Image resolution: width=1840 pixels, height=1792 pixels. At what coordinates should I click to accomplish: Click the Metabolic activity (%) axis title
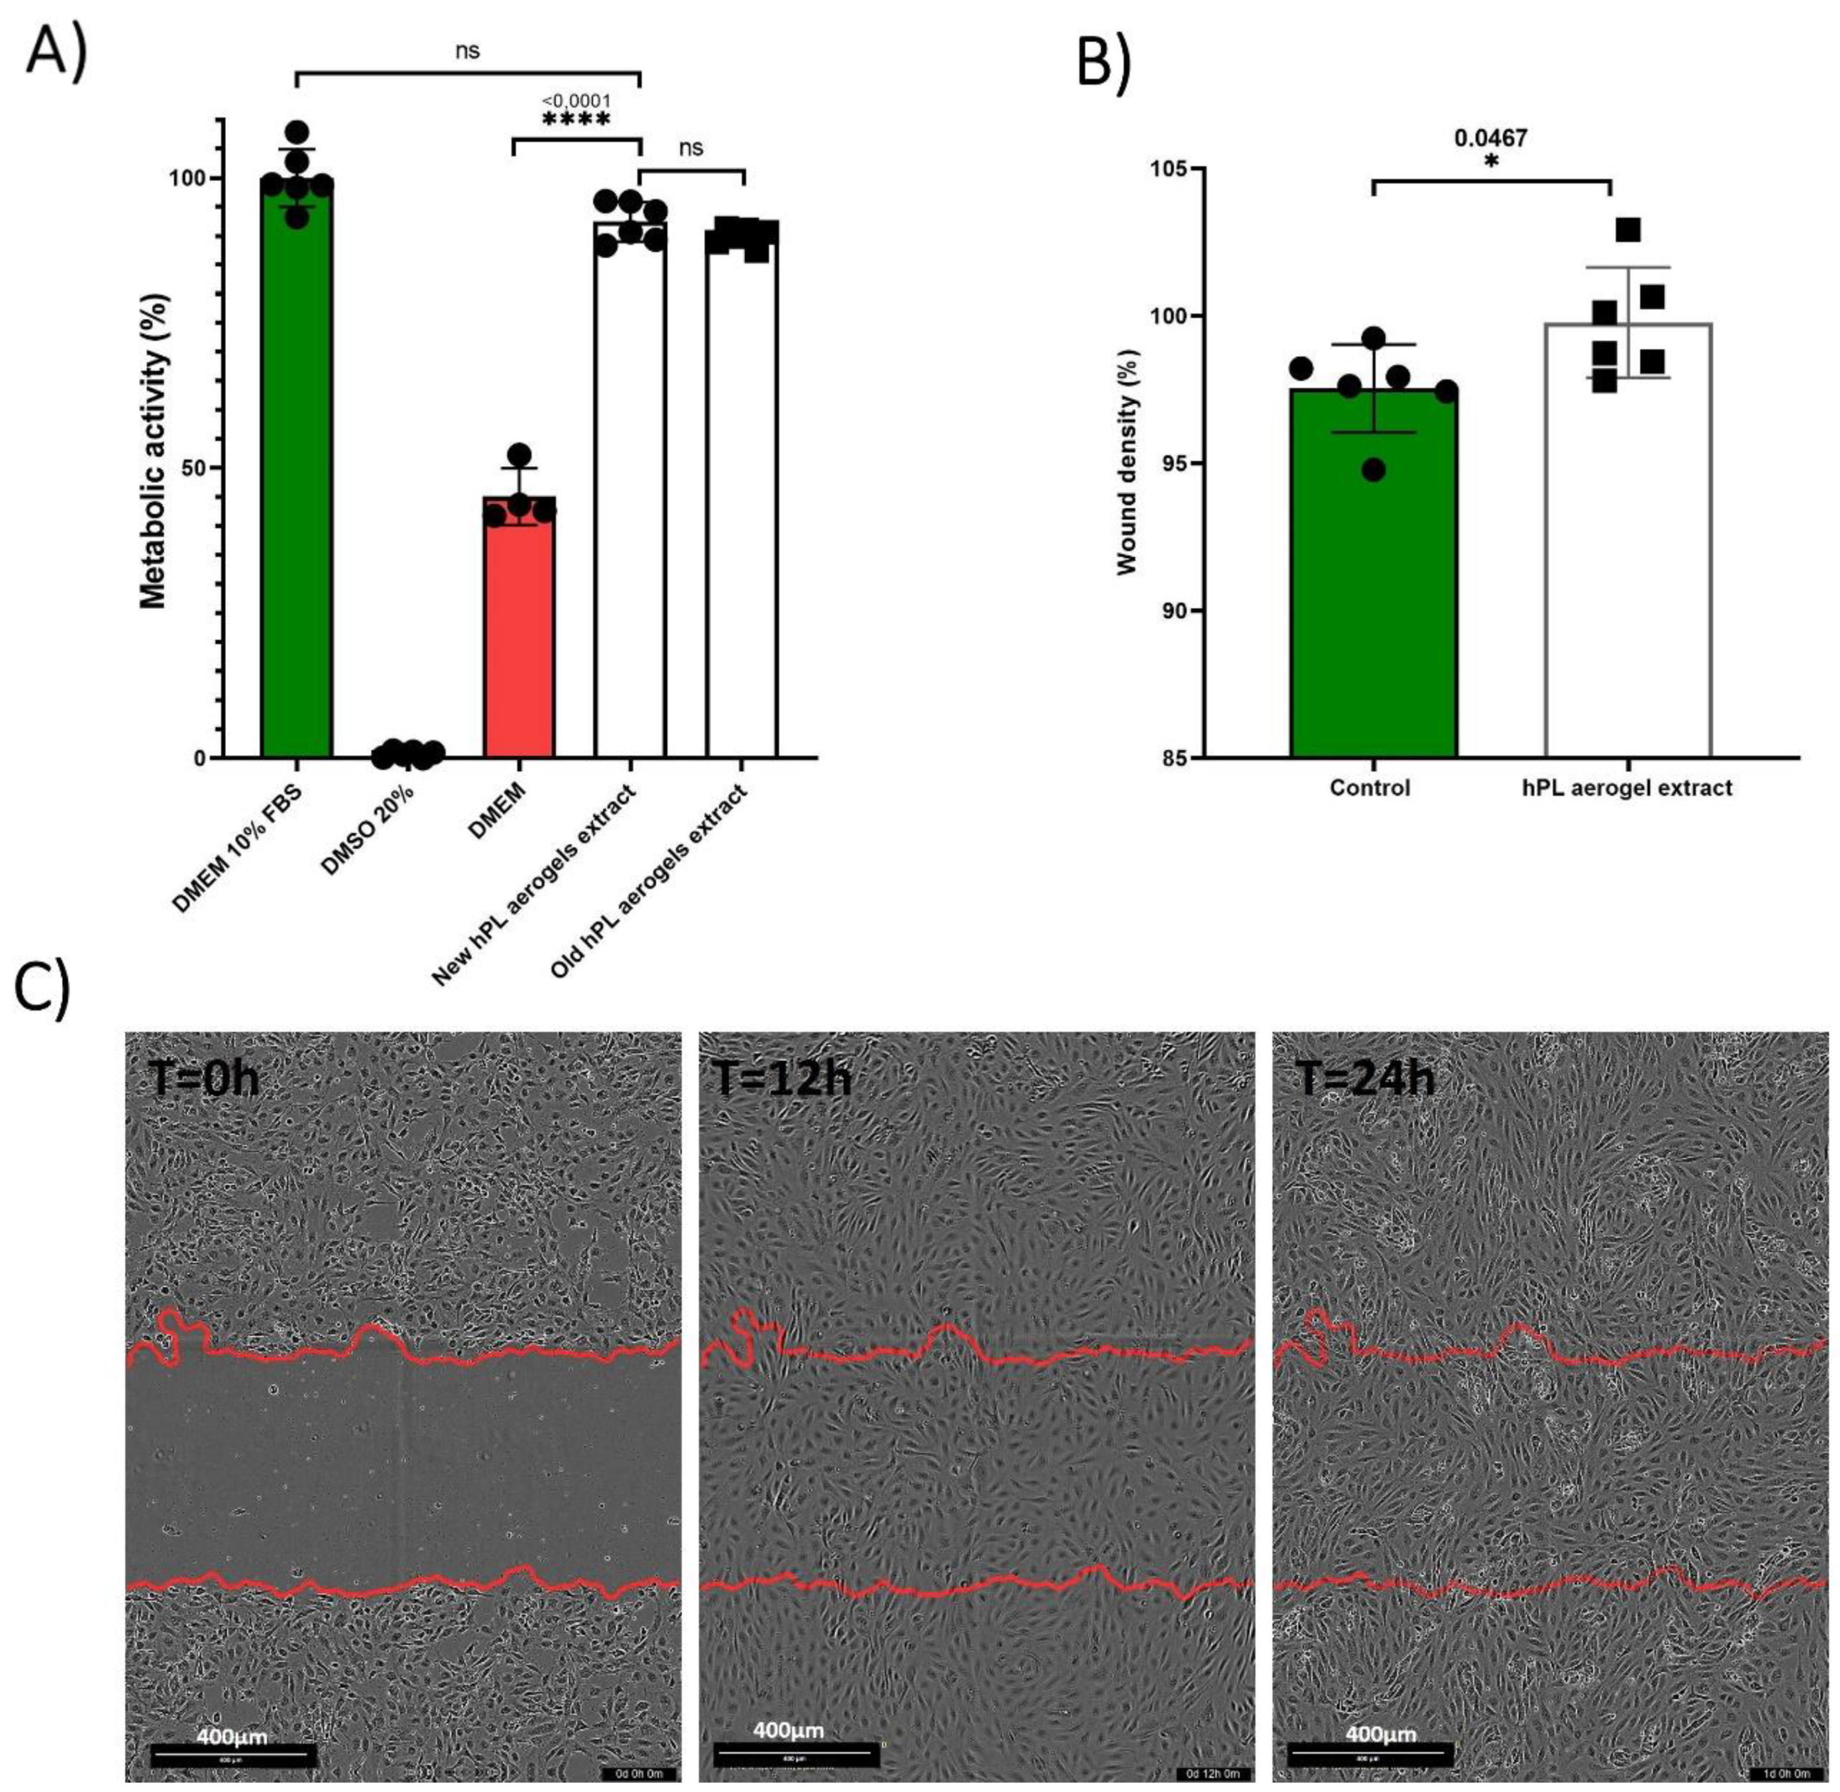(153, 452)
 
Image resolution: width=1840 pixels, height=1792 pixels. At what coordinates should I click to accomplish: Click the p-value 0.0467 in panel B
(1491, 138)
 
